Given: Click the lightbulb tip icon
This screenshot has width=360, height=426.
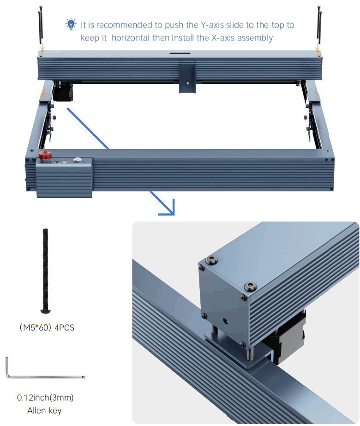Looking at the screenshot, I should [x=71, y=24].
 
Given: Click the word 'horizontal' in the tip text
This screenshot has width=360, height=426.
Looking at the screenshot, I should [x=131, y=38].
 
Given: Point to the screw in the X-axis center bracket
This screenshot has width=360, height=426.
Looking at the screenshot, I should [x=187, y=84].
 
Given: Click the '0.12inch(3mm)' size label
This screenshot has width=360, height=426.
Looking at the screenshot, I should [x=45, y=397].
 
